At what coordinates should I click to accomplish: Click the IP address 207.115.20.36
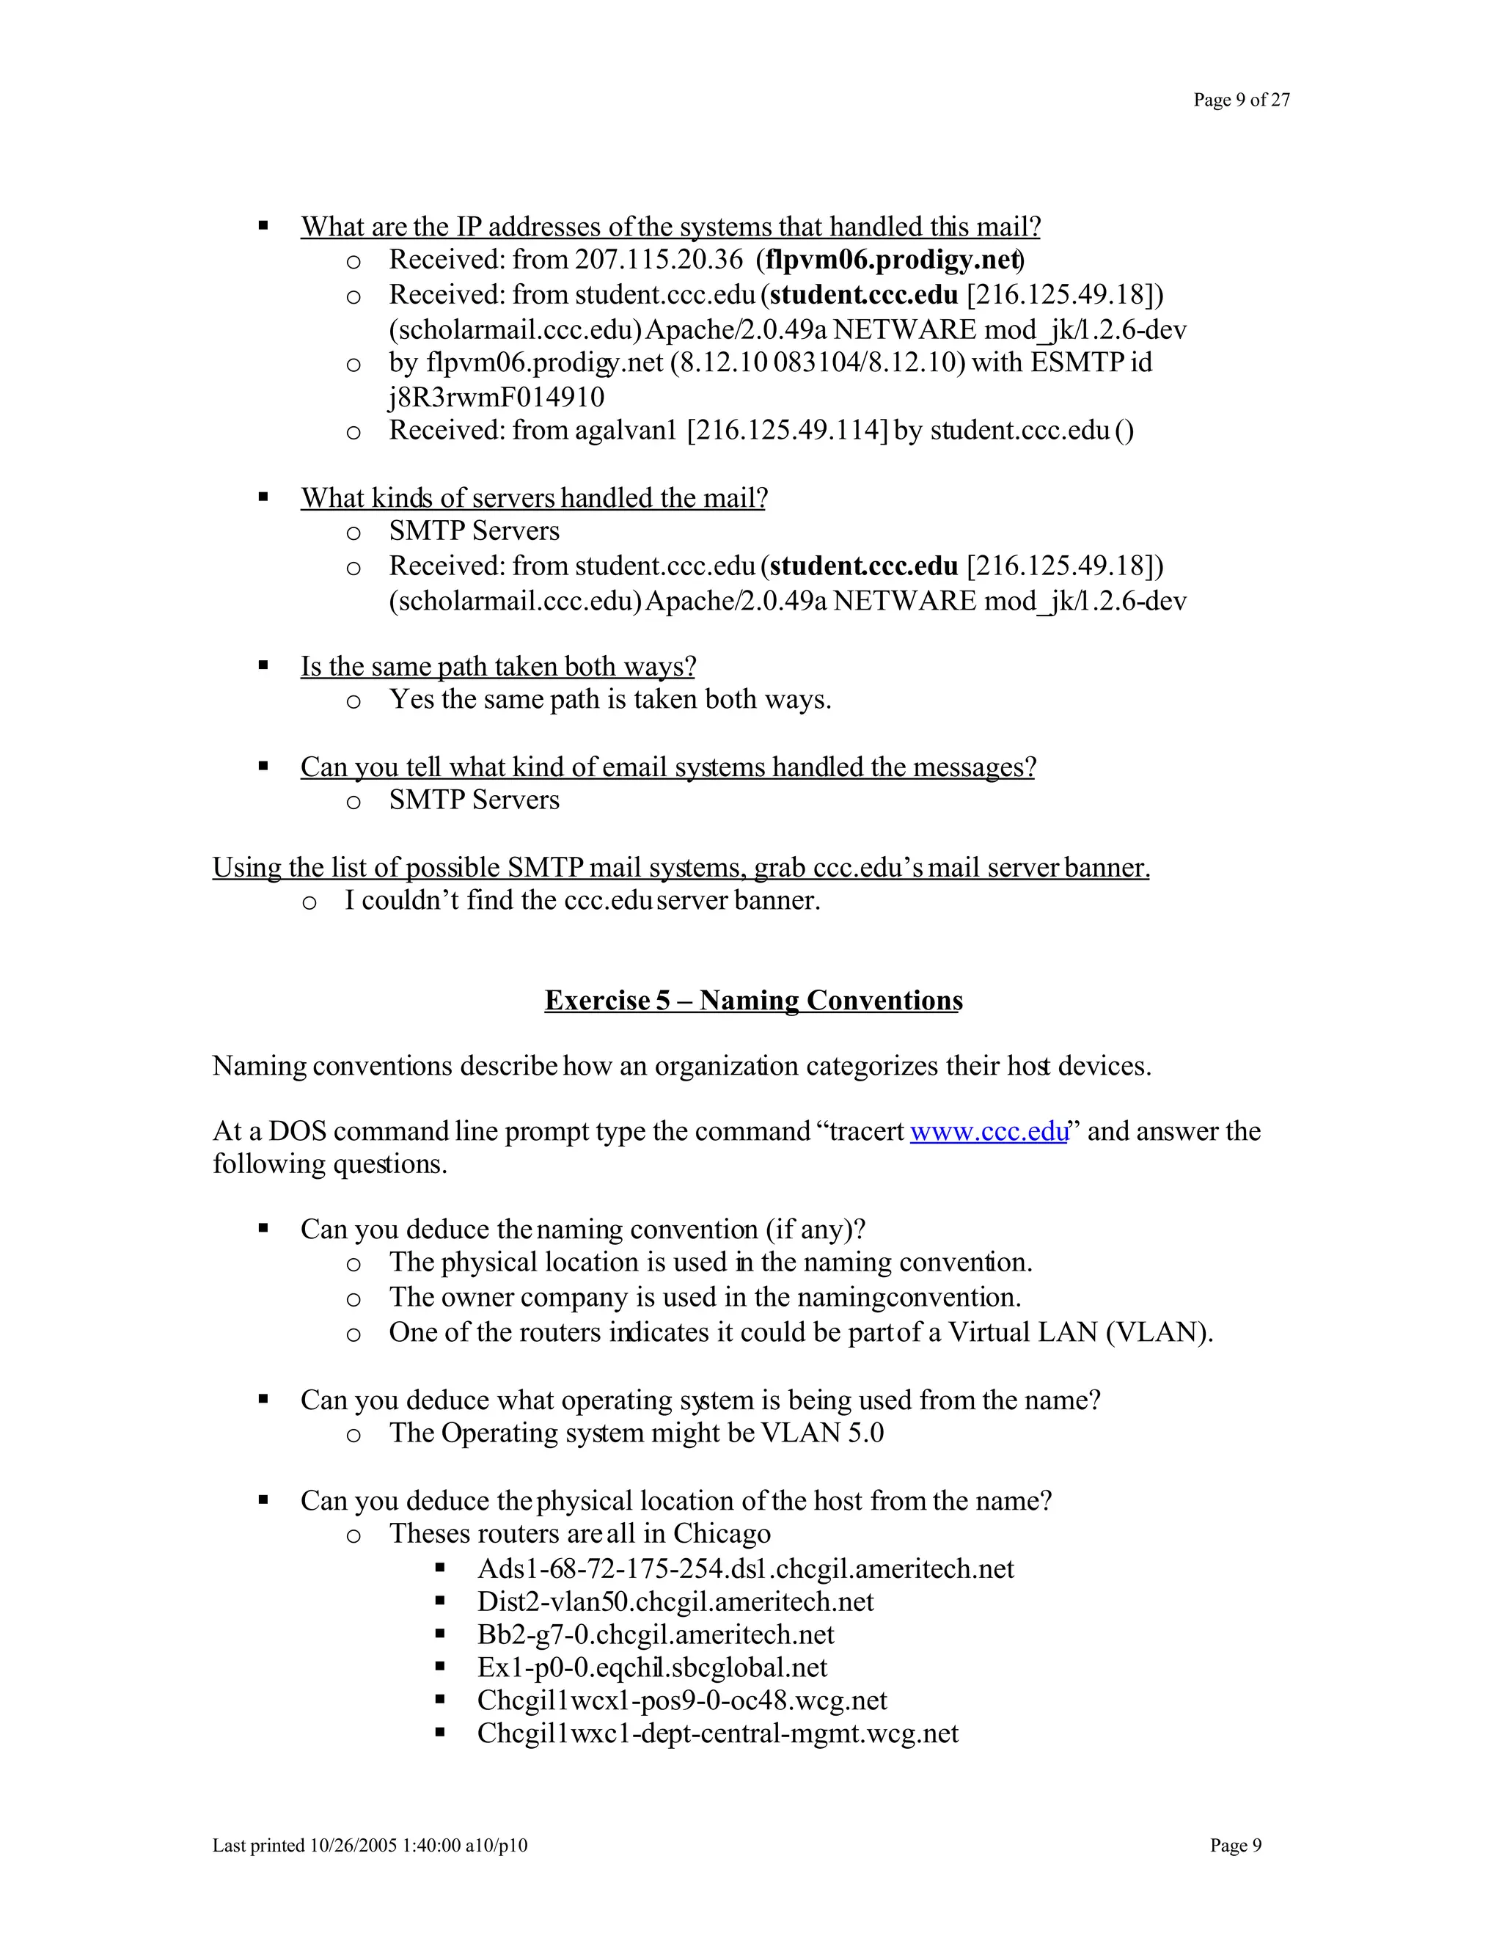pos(659,260)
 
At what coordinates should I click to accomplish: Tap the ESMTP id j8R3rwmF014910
pos(496,397)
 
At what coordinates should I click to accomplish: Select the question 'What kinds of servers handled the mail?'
pos(533,497)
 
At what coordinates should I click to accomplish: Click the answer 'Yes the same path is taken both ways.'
pos(609,700)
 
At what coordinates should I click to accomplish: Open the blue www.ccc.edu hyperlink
pos(988,1131)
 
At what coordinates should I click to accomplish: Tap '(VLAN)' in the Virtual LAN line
pos(1159,1332)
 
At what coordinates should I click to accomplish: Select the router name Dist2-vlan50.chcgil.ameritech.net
pos(675,1602)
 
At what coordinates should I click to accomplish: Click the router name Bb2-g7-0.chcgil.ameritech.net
pos(655,1635)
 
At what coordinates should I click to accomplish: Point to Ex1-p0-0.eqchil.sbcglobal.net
pos(651,1668)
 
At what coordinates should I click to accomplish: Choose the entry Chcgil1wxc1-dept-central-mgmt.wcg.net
pos(717,1734)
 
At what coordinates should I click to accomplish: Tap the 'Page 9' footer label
pos(1235,1846)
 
